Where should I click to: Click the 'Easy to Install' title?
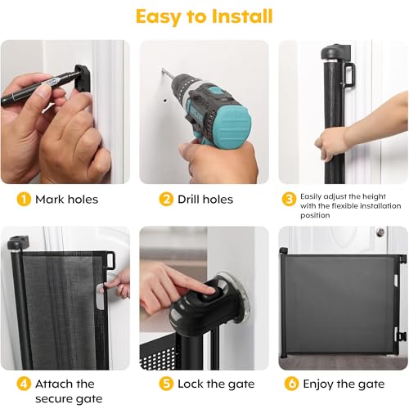(x=204, y=16)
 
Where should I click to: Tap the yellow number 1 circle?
(x=24, y=200)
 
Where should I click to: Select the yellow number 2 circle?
(x=166, y=200)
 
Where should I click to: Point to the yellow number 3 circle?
(x=289, y=200)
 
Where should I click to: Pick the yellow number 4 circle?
(x=24, y=384)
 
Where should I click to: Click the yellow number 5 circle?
(x=166, y=384)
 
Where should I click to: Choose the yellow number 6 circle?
(x=291, y=384)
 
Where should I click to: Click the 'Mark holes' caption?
(x=66, y=200)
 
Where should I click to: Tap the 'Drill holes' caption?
(x=205, y=200)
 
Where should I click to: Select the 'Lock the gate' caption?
(x=216, y=384)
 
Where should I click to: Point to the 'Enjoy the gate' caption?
(x=344, y=384)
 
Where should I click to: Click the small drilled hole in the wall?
(x=165, y=101)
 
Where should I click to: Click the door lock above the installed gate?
(x=380, y=232)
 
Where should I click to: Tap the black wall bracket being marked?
(x=83, y=79)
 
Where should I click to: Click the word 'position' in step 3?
(x=315, y=215)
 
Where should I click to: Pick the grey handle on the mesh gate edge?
(x=101, y=296)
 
